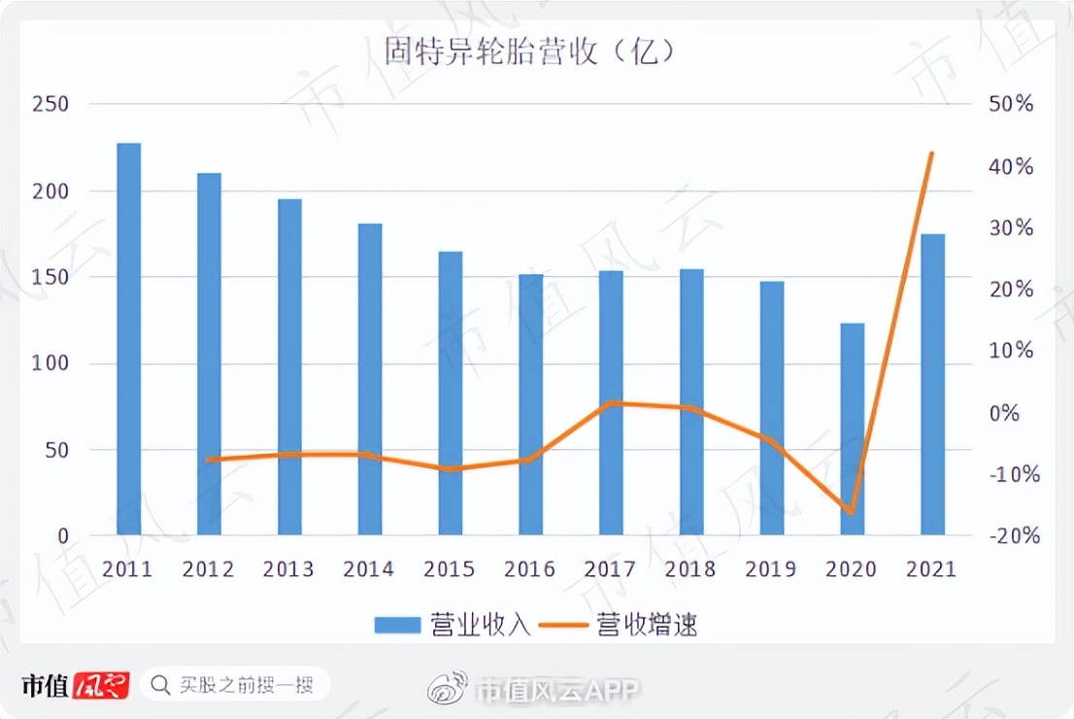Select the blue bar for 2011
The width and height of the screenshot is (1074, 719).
click(x=129, y=339)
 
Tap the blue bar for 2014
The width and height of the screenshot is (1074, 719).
click(x=370, y=379)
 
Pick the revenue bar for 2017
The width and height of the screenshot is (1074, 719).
click(x=611, y=402)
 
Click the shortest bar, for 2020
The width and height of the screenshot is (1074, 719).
click(x=852, y=428)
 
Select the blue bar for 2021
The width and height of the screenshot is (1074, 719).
click(x=932, y=384)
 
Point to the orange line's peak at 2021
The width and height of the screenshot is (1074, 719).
click(x=932, y=154)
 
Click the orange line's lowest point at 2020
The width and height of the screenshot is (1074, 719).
click(x=851, y=512)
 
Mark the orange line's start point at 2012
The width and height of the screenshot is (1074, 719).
click(x=209, y=460)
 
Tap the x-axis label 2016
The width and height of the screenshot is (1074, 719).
click(x=530, y=569)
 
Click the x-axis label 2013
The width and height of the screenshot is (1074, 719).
click(x=288, y=569)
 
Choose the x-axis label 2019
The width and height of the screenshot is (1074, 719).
click(x=771, y=569)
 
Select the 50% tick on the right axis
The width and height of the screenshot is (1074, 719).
click(x=1011, y=104)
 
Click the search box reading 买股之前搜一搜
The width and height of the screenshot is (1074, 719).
click(x=236, y=685)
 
